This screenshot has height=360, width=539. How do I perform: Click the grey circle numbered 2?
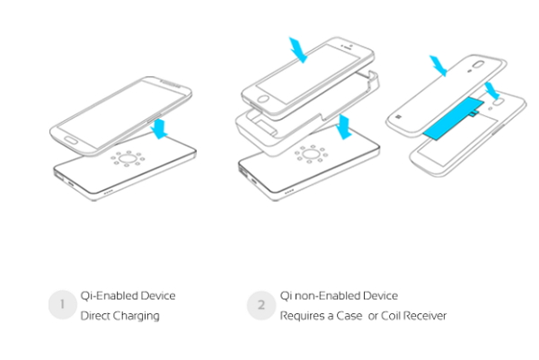pyautogui.click(x=260, y=305)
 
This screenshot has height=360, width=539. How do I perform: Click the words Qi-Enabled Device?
pyautogui.click(x=128, y=295)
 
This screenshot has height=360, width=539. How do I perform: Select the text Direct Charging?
pyautogui.click(x=119, y=316)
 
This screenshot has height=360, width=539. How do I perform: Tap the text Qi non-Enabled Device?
pyautogui.click(x=339, y=295)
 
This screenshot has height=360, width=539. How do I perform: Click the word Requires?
pyautogui.click(x=301, y=316)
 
